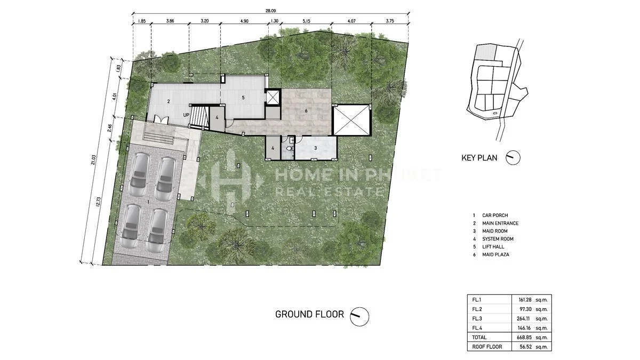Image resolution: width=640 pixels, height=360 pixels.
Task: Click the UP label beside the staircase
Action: point(186,115)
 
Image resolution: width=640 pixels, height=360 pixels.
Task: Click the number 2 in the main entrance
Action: point(168,101)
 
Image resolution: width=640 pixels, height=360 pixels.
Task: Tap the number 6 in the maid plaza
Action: point(306,111)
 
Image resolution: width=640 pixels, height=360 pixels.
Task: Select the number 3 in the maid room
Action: point(315,148)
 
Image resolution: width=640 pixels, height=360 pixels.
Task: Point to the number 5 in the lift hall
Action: point(243,98)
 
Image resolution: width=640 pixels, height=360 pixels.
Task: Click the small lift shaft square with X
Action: point(273,97)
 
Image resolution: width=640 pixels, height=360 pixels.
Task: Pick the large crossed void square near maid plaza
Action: point(351,121)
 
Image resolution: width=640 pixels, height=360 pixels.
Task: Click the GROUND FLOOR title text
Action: point(309,314)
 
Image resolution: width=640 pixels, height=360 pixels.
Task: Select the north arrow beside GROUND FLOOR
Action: point(359,316)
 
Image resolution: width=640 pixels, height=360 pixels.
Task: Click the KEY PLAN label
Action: point(479,158)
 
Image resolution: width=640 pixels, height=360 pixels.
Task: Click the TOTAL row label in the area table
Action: point(479,338)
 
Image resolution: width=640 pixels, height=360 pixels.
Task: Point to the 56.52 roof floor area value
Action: point(521,347)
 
